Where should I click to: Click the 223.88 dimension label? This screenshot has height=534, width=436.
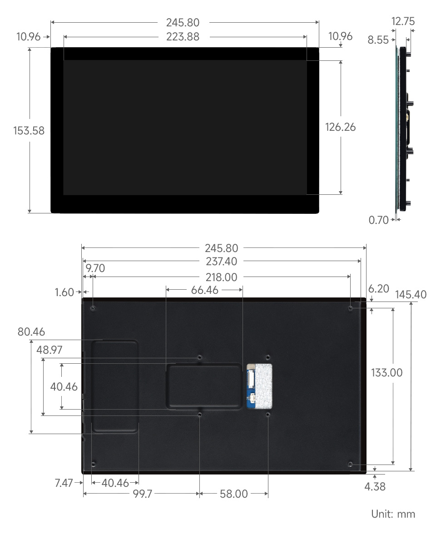[x=183, y=37]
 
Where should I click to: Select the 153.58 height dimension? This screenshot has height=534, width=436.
[x=29, y=131]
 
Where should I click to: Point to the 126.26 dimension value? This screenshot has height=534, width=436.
[x=340, y=127]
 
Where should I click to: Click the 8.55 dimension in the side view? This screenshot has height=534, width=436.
[x=378, y=40]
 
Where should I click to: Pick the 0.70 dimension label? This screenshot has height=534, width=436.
[x=379, y=220]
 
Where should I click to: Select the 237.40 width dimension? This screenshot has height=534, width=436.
[x=222, y=261]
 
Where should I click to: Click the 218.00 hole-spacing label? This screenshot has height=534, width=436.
[x=222, y=277]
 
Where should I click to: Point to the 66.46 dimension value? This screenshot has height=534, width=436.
[x=204, y=290]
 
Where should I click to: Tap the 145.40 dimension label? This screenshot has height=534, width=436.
[x=411, y=294]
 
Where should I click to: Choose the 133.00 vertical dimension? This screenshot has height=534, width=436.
[x=386, y=373]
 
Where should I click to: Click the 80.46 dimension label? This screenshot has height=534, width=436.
[x=31, y=332]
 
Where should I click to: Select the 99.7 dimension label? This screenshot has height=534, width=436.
[x=142, y=494]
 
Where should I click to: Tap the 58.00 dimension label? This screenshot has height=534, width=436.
[x=234, y=494]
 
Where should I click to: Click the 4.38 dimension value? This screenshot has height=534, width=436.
[x=375, y=486]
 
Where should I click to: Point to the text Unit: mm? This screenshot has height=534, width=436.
[x=393, y=514]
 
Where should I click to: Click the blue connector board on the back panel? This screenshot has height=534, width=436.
[x=251, y=386]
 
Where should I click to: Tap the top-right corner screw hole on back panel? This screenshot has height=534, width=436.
[x=351, y=308]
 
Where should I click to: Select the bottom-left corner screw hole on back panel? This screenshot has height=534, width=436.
[x=93, y=464]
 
